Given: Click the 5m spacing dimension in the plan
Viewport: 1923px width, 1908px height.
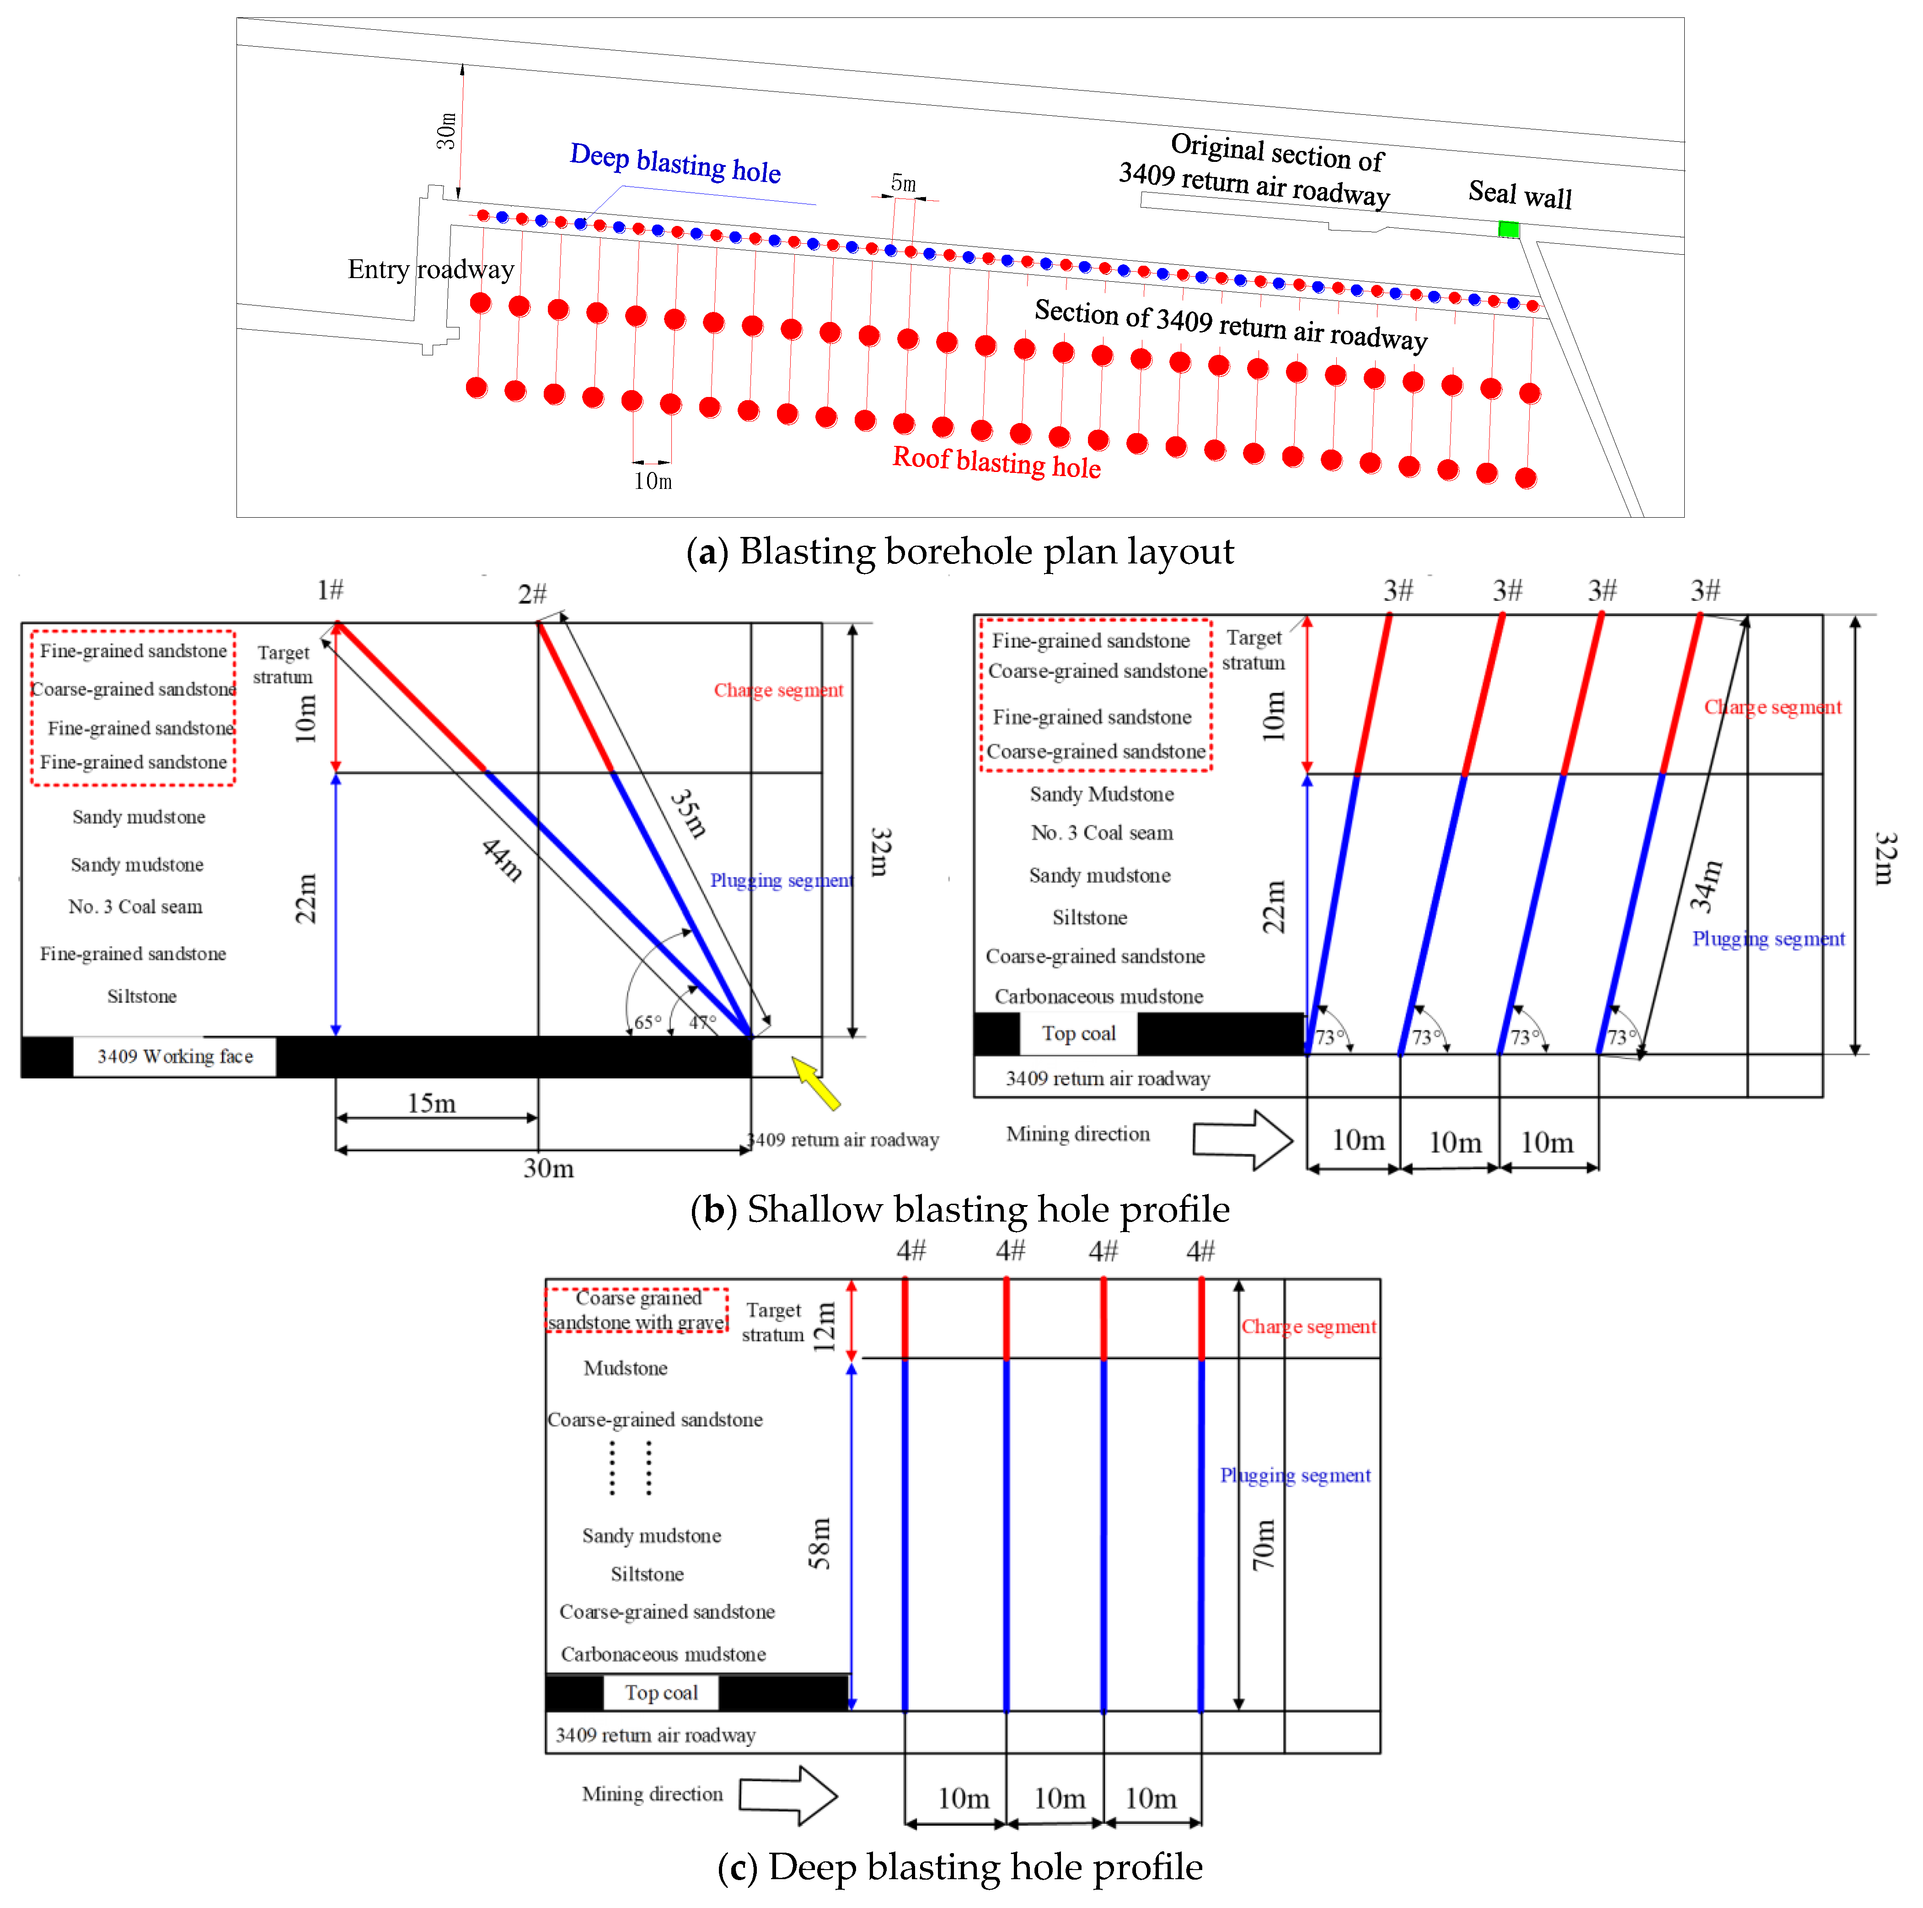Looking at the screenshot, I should (903, 183).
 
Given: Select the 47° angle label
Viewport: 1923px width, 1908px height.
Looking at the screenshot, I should (703, 1022).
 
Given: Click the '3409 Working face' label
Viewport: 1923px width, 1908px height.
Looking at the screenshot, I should (175, 1056).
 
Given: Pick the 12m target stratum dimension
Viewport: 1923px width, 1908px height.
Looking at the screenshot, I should (824, 1327).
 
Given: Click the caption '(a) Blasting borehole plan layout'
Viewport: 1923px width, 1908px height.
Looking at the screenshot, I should (959, 552).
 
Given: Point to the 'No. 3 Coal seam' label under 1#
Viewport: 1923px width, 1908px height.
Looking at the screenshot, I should (135, 907).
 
